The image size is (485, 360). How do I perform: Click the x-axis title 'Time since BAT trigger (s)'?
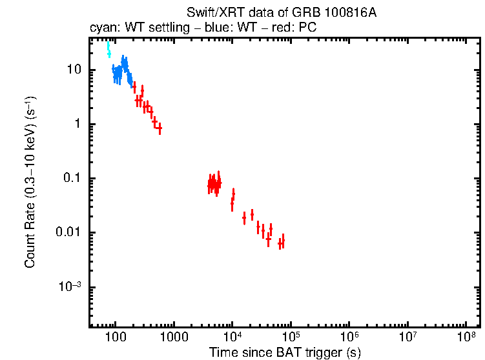(285, 352)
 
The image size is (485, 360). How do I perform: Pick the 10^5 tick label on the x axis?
(291, 337)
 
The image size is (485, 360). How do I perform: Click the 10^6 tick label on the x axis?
(349, 337)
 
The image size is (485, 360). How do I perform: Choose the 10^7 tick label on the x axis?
(408, 337)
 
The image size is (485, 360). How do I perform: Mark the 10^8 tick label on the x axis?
(466, 337)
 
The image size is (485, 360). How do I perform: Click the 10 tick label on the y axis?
(74, 70)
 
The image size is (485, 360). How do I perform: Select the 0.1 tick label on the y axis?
(72, 178)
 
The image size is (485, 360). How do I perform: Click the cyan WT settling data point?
(108, 49)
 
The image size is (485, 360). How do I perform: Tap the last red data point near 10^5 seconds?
(282, 241)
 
